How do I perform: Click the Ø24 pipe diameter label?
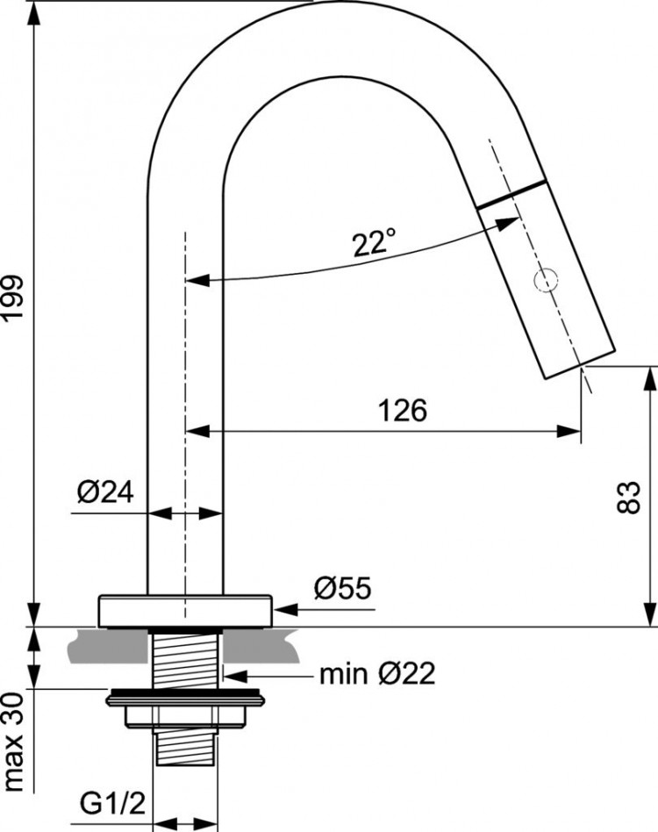pos(104,492)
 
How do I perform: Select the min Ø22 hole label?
pos(376,674)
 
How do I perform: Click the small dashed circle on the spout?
pos(547,280)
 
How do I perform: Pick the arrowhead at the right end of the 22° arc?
pos(509,224)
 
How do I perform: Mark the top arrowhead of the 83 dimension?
pos(650,374)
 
